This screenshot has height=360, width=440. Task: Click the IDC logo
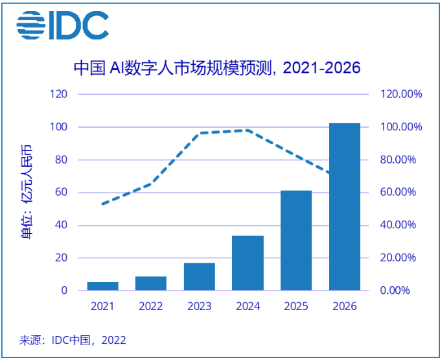(x=62, y=25)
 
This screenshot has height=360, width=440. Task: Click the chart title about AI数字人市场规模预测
(x=216, y=67)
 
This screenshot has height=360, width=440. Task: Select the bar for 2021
(x=102, y=286)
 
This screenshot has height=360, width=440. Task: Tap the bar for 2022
(x=150, y=283)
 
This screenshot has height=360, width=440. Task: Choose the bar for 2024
(x=248, y=263)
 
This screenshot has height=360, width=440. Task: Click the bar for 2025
(x=296, y=241)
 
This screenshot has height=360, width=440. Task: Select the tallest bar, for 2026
(x=344, y=207)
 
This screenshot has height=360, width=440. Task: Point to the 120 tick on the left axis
(x=60, y=94)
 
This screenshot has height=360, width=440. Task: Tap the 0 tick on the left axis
(x=64, y=291)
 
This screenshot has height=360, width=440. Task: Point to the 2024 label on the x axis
(x=248, y=306)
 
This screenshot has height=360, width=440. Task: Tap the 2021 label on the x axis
(x=102, y=306)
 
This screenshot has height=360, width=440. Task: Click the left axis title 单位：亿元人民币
(x=27, y=193)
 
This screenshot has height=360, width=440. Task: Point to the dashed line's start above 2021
(x=102, y=204)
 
